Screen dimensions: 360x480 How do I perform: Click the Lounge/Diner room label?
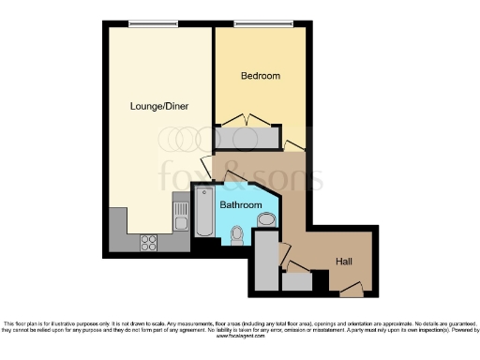[159, 107]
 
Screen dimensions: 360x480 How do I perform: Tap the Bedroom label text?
[260, 76]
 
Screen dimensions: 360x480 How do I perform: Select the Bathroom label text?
[240, 203]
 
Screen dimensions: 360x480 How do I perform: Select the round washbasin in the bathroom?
[266, 221]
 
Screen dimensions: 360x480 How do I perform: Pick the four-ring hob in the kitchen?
[149, 242]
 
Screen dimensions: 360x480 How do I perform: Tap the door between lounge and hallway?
[207, 169]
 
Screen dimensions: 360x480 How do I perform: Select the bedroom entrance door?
[294, 145]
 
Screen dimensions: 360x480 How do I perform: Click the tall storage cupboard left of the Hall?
[266, 257]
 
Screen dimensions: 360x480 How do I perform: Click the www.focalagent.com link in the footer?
[239, 337]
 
